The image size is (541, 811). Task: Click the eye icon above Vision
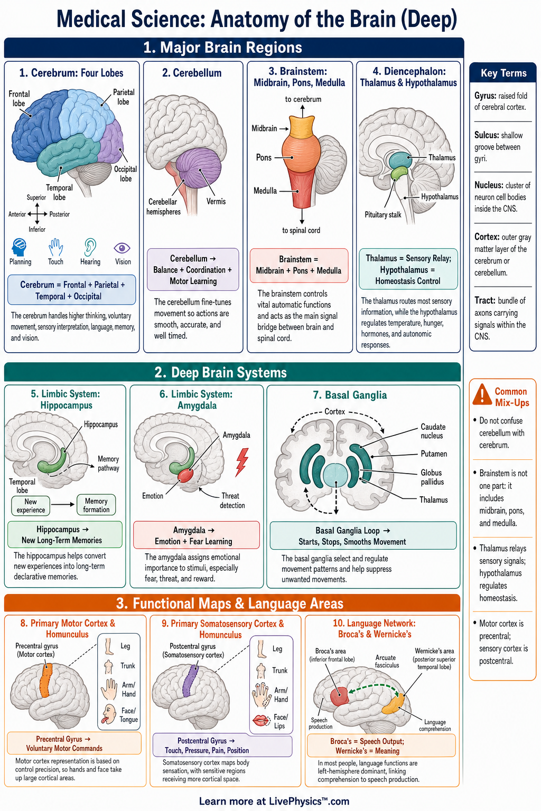122,248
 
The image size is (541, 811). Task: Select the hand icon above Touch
55,247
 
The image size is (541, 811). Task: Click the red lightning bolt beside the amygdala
241,462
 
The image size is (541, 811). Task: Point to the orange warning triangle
482,394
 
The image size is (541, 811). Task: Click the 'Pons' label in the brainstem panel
264,157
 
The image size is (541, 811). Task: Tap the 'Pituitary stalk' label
383,215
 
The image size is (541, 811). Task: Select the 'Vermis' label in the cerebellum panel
216,201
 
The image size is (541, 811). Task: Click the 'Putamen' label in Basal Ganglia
434,454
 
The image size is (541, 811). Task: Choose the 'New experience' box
31,505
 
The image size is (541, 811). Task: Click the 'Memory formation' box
96,505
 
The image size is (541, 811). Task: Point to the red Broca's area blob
339,696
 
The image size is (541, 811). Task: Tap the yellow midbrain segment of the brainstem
303,126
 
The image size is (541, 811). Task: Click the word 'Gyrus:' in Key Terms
485,96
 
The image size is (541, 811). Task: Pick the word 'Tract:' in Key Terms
485,300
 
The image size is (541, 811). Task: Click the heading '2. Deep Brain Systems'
221,373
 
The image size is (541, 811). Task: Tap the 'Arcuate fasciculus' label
387,661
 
